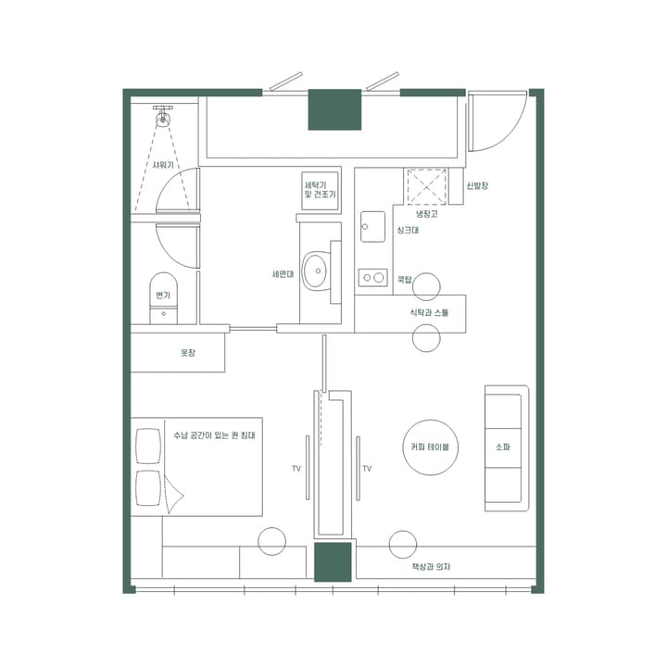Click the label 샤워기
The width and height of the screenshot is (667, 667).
(163, 165)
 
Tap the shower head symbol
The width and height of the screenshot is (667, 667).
(164, 116)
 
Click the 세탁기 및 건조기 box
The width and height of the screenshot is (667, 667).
(320, 191)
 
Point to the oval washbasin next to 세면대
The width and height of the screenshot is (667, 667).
(317, 270)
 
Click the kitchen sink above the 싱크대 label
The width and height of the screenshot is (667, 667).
(372, 226)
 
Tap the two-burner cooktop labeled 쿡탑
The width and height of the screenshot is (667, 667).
(372, 277)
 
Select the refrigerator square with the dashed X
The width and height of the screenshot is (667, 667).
(425, 187)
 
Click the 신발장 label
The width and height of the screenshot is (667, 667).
(478, 186)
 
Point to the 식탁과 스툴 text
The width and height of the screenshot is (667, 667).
(429, 313)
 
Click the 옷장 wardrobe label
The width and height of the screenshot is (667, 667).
(188, 353)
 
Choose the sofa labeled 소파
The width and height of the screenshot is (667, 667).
(504, 447)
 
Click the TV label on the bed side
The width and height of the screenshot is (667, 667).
(296, 469)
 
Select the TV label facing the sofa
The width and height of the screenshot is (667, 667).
(367, 469)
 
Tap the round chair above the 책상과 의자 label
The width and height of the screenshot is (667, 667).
(403, 544)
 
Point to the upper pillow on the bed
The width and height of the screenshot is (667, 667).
(148, 446)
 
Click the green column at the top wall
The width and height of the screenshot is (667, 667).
(334, 109)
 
